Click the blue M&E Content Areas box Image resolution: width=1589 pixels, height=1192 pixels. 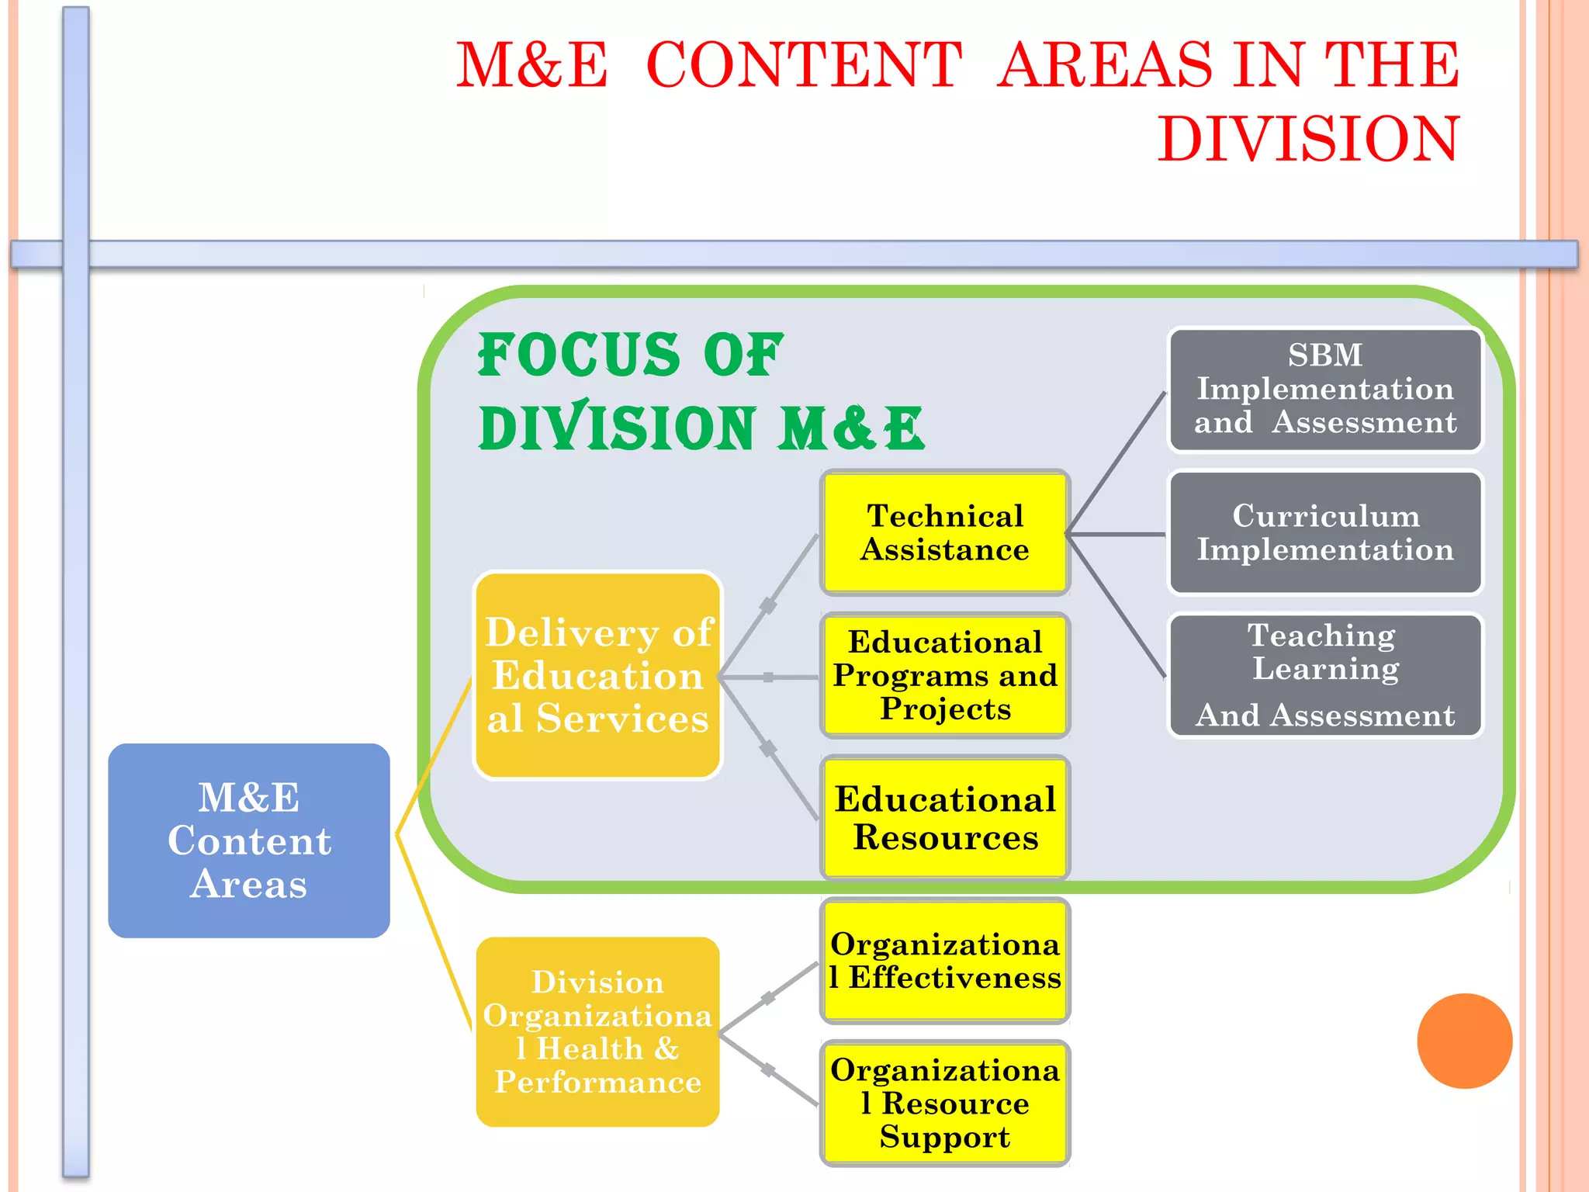click(x=248, y=840)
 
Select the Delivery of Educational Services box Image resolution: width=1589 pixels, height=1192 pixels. click(x=597, y=675)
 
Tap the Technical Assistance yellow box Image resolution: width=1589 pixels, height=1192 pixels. click(x=945, y=532)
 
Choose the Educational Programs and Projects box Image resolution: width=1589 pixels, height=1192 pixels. click(x=945, y=675)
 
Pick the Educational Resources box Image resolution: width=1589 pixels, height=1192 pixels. click(x=945, y=818)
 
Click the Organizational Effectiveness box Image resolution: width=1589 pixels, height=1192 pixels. click(x=945, y=961)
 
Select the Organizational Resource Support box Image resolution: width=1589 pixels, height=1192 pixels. click(x=945, y=1103)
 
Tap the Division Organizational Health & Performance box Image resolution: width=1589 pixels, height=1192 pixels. click(x=597, y=1031)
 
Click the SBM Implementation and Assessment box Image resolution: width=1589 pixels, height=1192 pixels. click(x=1325, y=390)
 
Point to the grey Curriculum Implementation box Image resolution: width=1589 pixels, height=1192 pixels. click(x=1325, y=532)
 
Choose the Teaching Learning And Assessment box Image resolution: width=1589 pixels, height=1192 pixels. click(x=1325, y=675)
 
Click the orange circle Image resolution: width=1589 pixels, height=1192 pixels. click(x=1464, y=1041)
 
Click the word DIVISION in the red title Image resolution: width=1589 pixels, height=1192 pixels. click(x=1308, y=140)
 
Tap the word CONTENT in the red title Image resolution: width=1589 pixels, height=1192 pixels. click(x=804, y=65)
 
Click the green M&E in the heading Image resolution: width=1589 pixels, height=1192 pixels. click(x=851, y=428)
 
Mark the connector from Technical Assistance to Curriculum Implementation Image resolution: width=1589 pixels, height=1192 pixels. click(x=1117, y=534)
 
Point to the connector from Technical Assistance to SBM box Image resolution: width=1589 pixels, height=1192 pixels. click(x=1117, y=463)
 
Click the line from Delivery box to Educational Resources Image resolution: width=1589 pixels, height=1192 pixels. click(x=768, y=748)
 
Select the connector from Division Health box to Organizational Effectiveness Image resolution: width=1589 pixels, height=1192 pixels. click(x=768, y=998)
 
